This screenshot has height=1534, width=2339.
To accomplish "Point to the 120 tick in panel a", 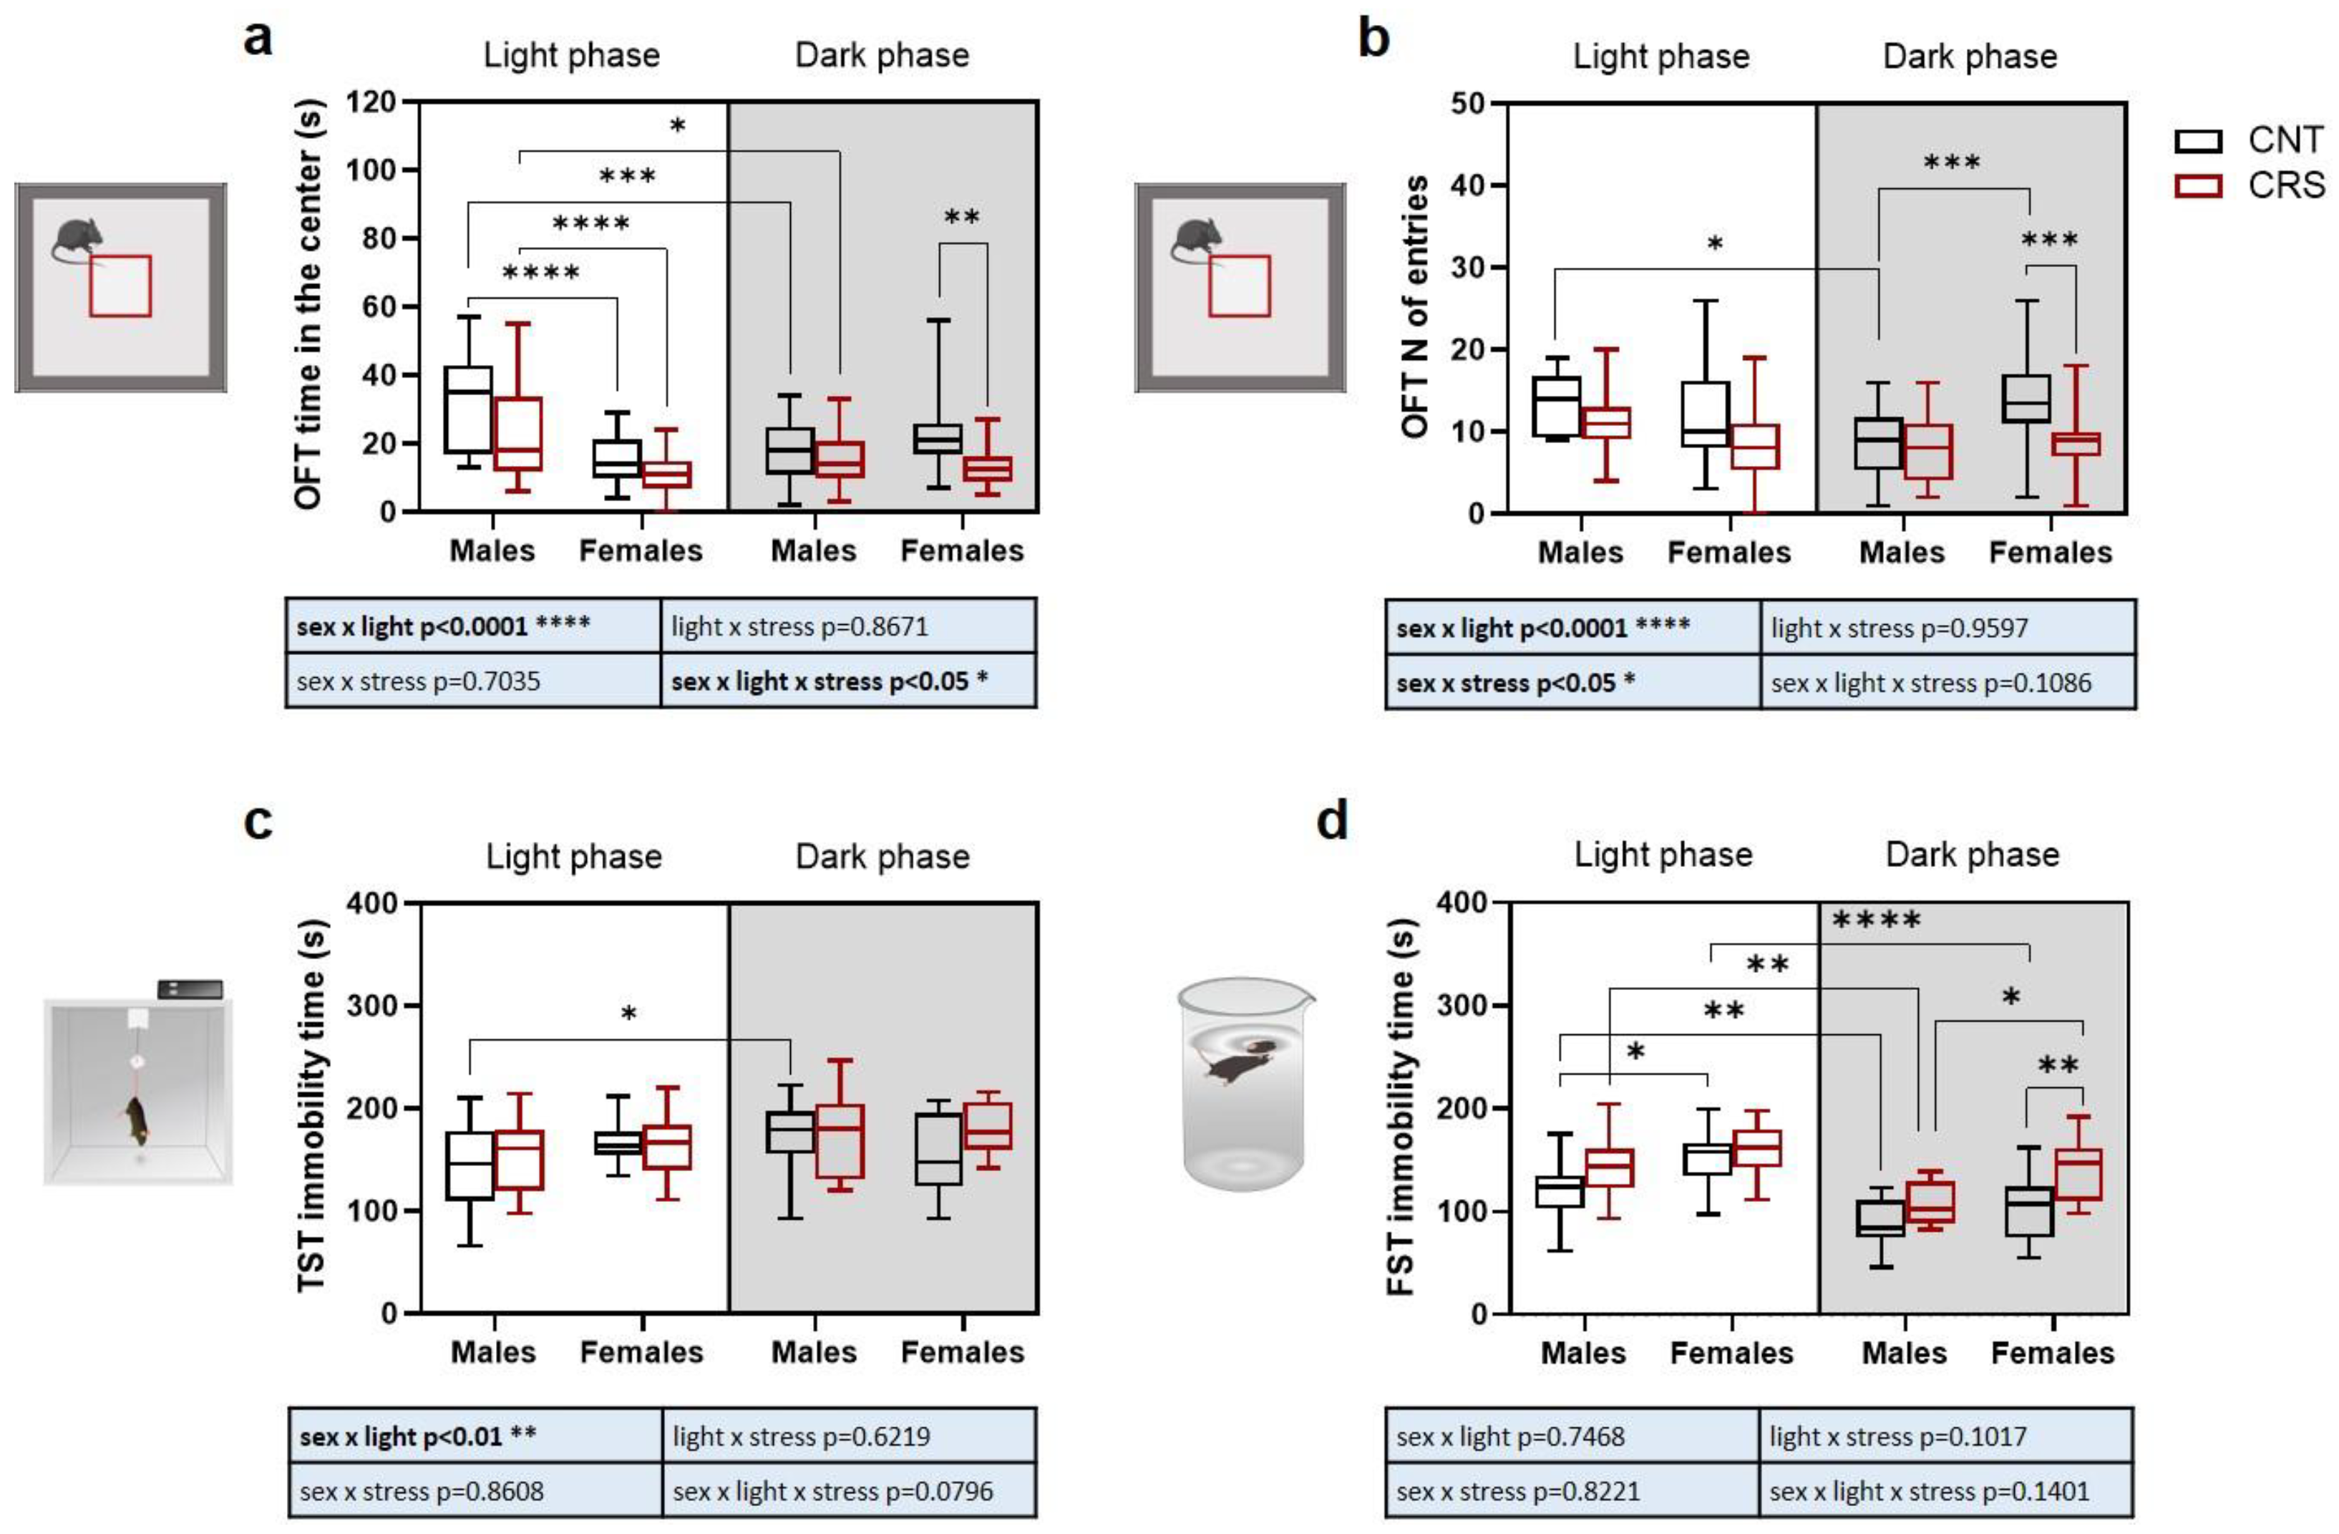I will click(371, 102).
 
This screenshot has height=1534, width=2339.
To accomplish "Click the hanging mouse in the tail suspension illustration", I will click(135, 1121).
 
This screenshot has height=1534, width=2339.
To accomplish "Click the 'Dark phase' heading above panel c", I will click(882, 857).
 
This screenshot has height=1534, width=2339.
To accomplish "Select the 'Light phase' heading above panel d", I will click(1663, 855).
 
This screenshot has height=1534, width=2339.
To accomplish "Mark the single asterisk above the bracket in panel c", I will click(629, 1013).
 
